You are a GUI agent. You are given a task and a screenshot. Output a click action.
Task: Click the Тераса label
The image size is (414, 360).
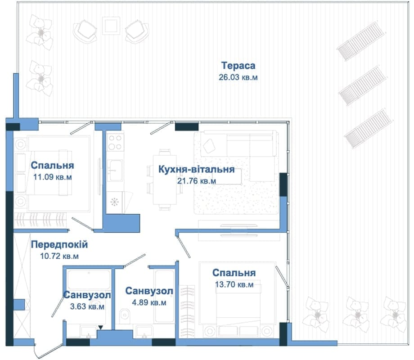tap(238, 66)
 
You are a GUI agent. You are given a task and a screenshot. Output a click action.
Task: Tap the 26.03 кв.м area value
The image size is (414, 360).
tap(238, 77)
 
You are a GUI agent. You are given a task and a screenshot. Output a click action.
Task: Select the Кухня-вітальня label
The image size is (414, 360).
tap(197, 169)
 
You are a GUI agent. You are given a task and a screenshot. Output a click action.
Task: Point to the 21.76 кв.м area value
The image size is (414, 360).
tap(197, 181)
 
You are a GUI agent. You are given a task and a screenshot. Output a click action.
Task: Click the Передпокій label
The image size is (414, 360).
tap(59, 245)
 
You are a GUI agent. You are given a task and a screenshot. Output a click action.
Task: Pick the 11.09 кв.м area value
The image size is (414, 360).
tap(53, 177)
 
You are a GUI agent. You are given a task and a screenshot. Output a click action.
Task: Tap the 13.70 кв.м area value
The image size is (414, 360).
tap(234, 284)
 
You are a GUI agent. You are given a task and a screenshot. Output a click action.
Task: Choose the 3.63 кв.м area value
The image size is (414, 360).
tap(87, 306)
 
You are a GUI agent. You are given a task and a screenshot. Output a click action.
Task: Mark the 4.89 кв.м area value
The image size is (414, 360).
tap(149, 302)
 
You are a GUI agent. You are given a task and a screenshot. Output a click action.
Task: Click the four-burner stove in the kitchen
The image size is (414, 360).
tap(115, 142)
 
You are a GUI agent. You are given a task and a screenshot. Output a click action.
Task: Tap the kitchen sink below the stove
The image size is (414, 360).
tap(115, 171)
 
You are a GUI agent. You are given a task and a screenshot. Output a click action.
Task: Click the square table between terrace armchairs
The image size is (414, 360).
tap(111, 26)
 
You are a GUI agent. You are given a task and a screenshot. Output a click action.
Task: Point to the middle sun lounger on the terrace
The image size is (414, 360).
tap(363, 85)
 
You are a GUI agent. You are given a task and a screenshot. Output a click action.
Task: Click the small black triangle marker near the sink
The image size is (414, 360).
tap(100, 328)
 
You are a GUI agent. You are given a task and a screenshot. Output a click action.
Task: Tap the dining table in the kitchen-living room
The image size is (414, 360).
tap(165, 180)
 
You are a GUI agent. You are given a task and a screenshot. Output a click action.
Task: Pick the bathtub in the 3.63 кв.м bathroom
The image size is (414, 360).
tap(89, 279)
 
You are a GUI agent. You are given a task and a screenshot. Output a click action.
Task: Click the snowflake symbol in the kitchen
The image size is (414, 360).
tap(114, 202)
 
